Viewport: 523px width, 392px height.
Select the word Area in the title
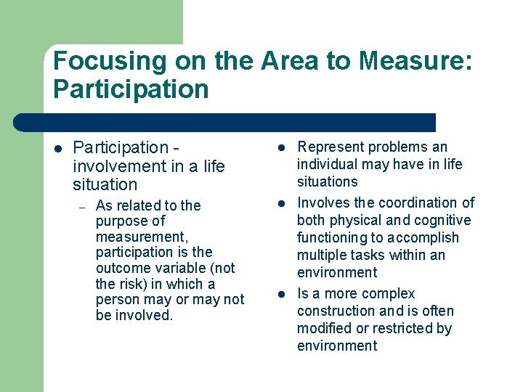[x=283, y=61]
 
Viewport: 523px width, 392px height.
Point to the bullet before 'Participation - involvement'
[x=58, y=149]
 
